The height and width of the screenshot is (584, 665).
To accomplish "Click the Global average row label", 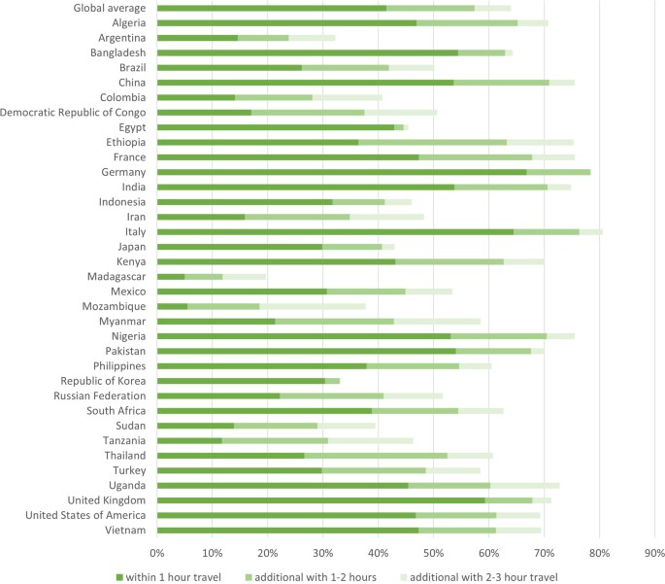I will tap(111, 9).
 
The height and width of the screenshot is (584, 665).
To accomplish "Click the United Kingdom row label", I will tap(105, 499).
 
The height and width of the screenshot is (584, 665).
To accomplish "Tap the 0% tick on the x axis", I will tap(156, 552).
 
